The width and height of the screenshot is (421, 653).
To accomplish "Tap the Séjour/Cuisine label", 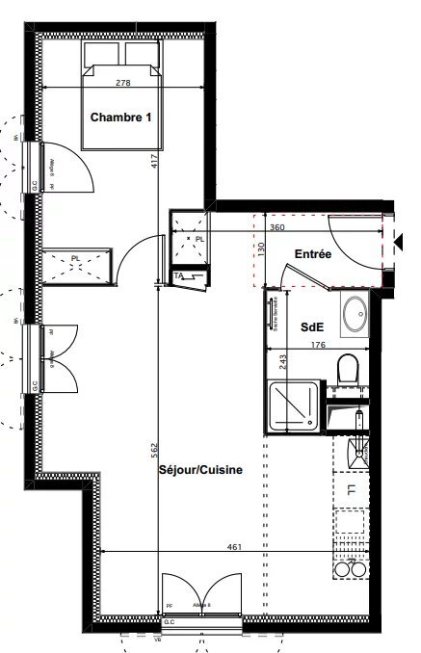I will click(x=199, y=470).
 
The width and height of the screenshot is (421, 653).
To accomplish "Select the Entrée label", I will click(x=313, y=254).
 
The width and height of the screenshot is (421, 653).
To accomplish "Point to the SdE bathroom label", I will click(x=311, y=327).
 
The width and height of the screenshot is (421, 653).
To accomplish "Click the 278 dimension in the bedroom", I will click(x=122, y=83).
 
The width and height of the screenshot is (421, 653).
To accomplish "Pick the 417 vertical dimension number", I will click(x=155, y=162).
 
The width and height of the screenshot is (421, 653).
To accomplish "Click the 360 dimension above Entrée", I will click(x=276, y=227).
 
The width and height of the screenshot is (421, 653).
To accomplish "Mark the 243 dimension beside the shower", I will click(x=257, y=363).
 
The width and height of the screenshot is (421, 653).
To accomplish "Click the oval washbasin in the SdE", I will click(x=355, y=312).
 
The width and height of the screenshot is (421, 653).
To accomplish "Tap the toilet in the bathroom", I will click(x=348, y=368).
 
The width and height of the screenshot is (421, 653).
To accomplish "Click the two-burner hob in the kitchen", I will click(x=350, y=568).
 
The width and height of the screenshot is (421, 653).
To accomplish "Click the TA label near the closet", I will click(x=179, y=277).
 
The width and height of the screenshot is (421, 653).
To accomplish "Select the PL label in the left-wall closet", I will click(x=76, y=257).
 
